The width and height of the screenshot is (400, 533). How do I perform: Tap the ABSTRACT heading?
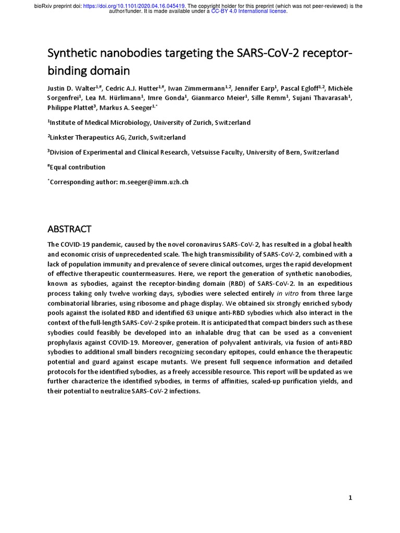click(69, 229)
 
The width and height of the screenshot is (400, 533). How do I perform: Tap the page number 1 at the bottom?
click(351, 498)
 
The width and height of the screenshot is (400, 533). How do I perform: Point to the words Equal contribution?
click(78, 167)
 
